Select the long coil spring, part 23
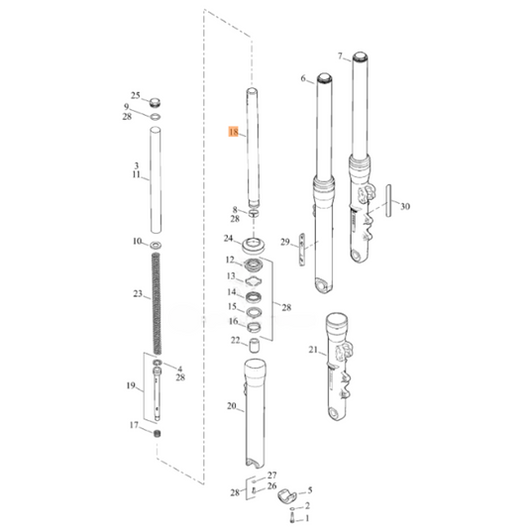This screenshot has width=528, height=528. pos(157,302)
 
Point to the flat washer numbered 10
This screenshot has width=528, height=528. pos(157,243)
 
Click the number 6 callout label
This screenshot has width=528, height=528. pos(303,78)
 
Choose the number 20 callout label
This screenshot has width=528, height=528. pos(232,407)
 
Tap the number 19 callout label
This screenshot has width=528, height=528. pos(129,385)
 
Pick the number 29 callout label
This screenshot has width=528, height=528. pos(284,242)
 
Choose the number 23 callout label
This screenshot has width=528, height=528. pos(136,293)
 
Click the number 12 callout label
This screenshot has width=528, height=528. pos(230,260)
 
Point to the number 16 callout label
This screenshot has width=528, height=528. pos(230,322)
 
